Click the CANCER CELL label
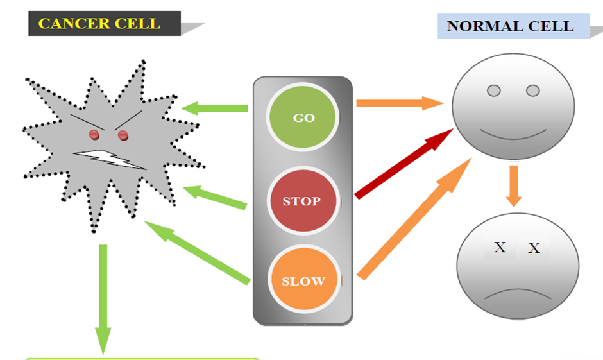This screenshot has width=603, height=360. coord(99,24)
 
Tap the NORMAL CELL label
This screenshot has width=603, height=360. coord(510,26)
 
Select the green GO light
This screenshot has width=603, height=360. coord(303,117)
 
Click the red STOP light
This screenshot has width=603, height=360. coord(301,201)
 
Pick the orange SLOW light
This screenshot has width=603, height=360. coord(303,280)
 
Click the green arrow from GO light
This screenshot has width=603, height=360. coord(215,108)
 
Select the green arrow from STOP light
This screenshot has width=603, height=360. coord(215,197)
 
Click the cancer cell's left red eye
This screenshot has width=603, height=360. coord(94,134)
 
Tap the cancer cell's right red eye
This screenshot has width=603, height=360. coord(123,135)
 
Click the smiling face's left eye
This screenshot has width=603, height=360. coord(493,90)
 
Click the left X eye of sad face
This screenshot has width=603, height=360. coord(500,247)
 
